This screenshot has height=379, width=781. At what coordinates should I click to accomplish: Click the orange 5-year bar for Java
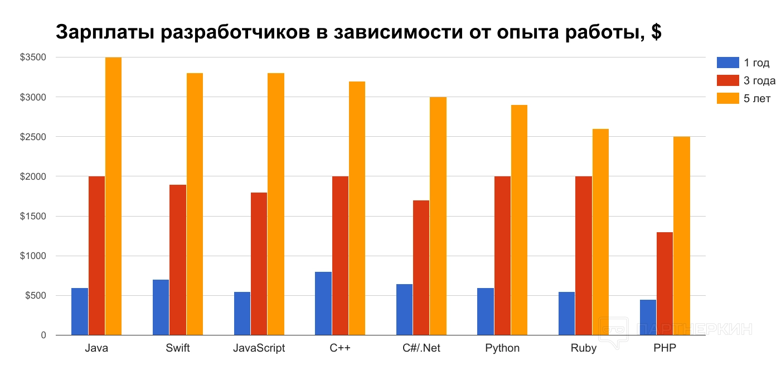[x=113, y=196]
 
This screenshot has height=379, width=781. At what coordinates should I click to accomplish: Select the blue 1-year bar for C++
[x=323, y=303]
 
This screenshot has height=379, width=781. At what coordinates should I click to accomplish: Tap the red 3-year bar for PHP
[x=664, y=284]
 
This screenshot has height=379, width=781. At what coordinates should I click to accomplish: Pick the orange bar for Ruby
[x=600, y=232]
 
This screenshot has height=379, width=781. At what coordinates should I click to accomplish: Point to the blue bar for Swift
[x=161, y=307]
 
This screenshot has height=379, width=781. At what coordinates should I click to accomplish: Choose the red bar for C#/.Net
[x=421, y=267]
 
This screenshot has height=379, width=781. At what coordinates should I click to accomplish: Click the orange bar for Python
[x=519, y=220]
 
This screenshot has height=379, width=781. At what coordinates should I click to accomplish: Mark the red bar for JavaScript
[x=259, y=263]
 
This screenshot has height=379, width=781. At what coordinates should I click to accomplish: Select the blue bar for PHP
[x=648, y=317]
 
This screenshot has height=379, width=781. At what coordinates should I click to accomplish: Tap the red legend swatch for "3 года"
[x=727, y=80]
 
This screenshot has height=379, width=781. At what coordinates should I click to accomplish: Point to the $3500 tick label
[x=33, y=57]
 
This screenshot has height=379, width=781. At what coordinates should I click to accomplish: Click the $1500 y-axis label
[x=33, y=217]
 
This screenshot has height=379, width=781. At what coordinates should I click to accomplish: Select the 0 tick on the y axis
[x=42, y=335]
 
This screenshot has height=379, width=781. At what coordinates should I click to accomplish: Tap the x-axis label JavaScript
[x=259, y=348]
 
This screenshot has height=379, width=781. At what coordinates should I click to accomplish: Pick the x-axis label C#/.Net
[x=421, y=348]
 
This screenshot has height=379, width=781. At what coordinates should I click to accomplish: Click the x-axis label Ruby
[x=583, y=348]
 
